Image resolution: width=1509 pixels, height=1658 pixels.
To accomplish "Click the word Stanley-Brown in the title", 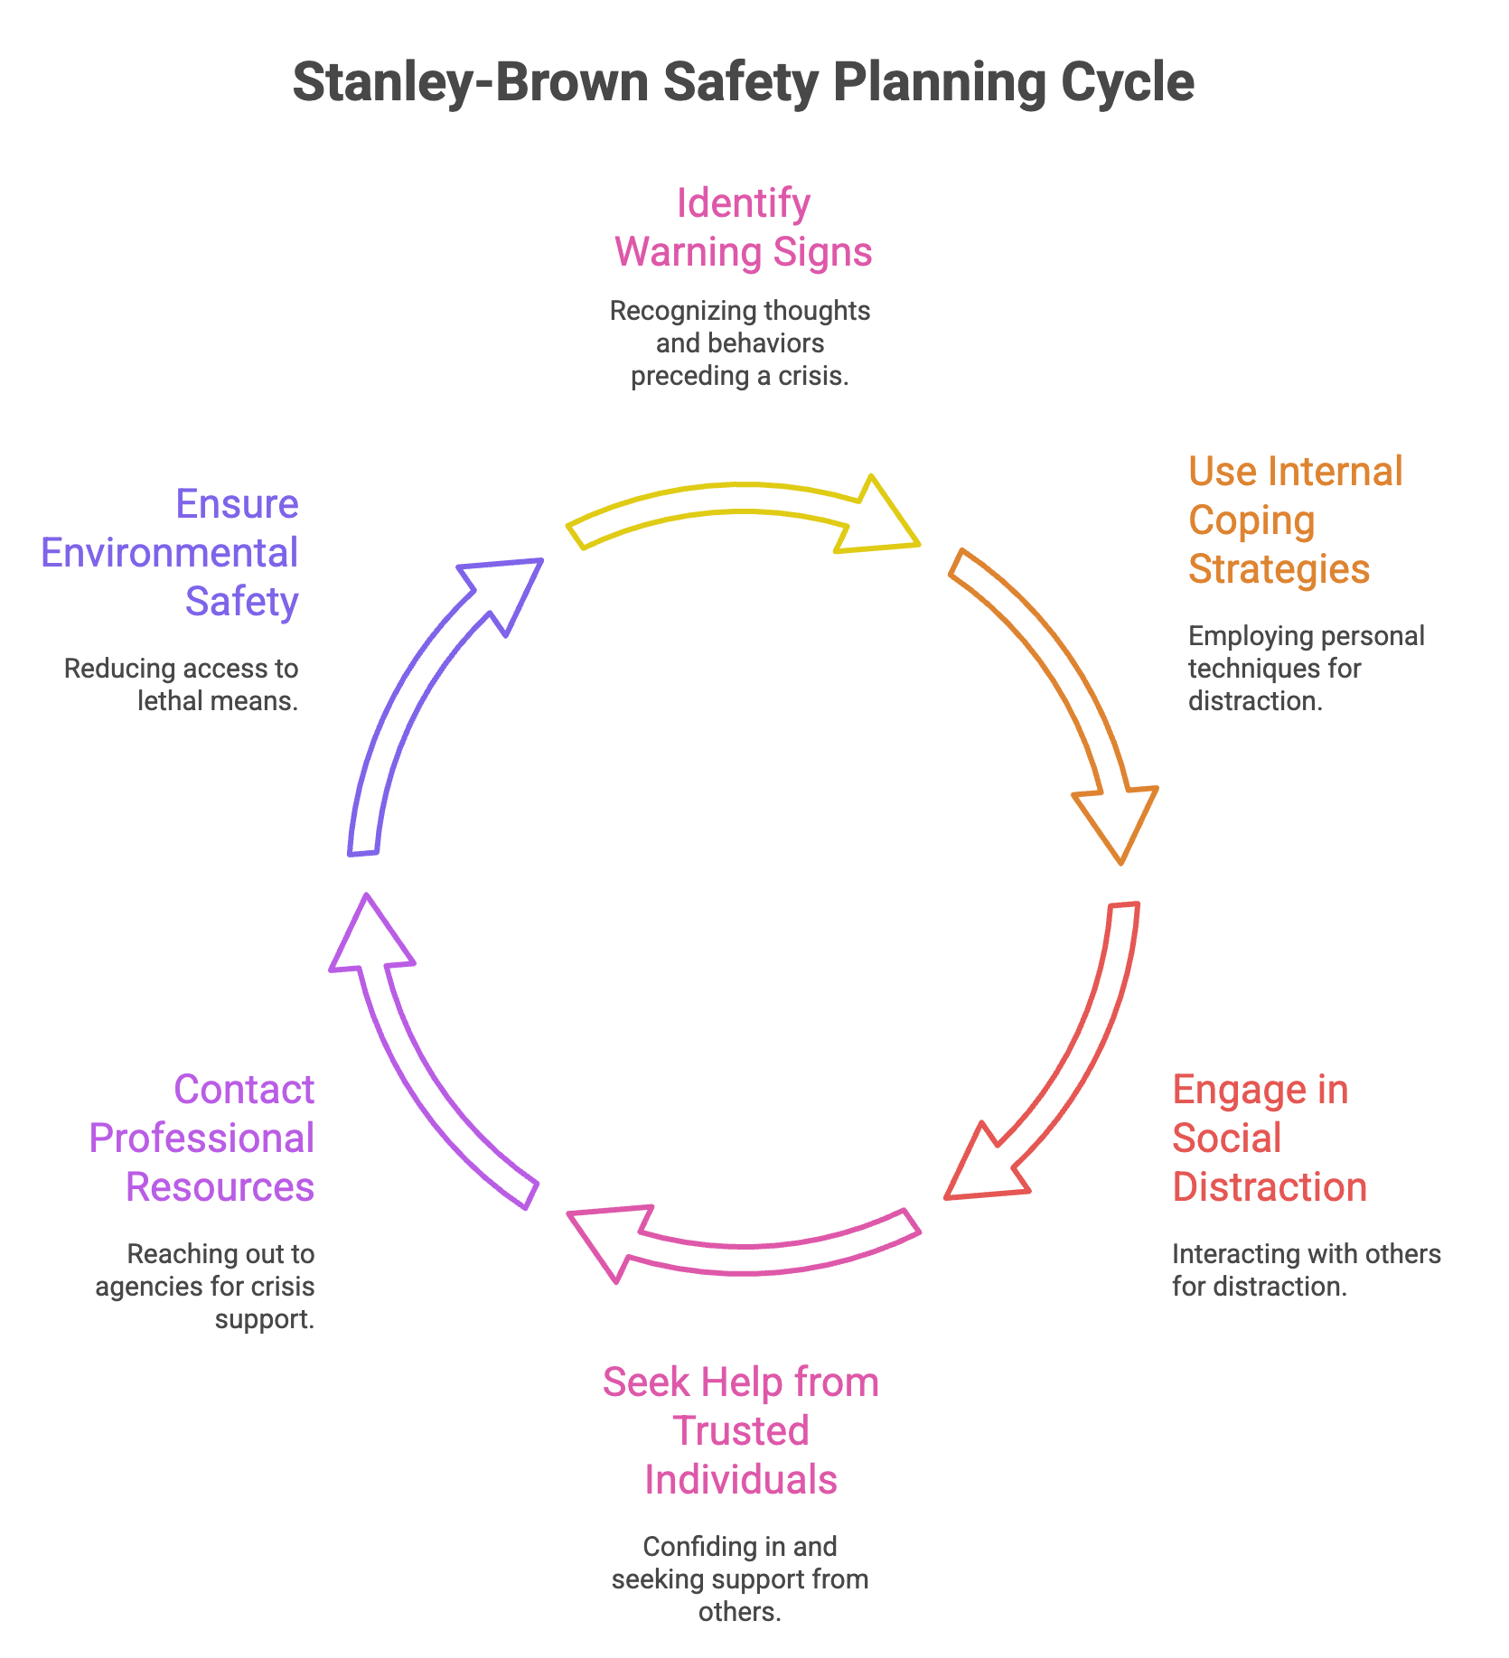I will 471,82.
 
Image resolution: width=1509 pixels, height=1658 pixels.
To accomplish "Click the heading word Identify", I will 743,203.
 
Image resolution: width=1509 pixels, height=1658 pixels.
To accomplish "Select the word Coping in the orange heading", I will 1251,520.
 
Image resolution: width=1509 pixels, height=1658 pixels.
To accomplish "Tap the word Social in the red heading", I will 1226,1138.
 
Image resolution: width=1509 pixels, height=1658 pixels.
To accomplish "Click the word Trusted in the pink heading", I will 740,1431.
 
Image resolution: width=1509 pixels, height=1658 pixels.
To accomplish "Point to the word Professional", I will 202,1138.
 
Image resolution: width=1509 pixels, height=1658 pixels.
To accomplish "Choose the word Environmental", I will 169,553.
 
